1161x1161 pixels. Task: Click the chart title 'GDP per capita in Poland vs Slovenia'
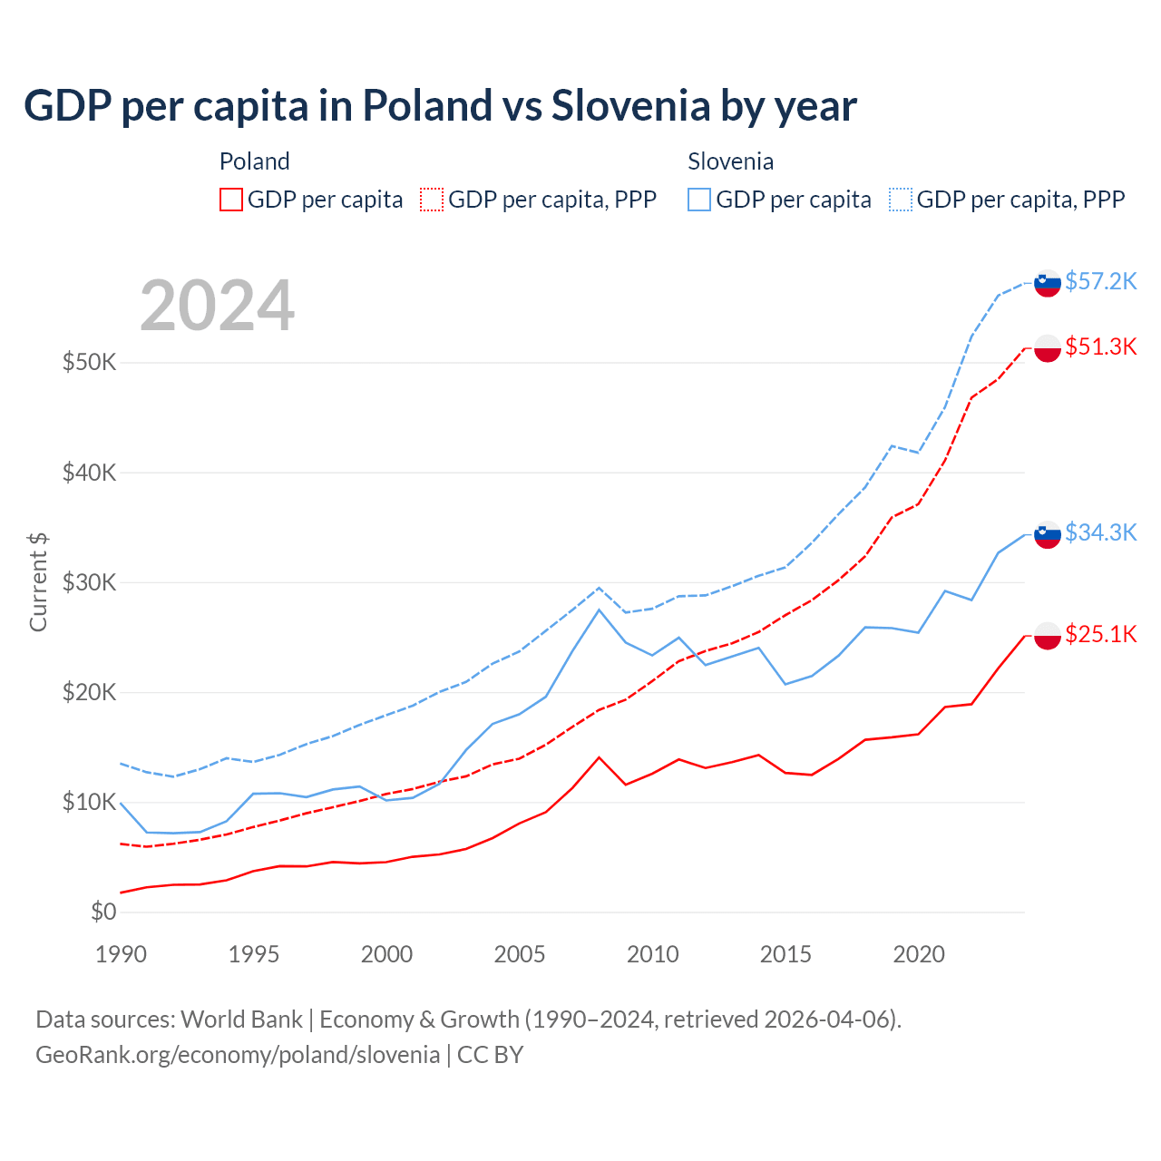(440, 106)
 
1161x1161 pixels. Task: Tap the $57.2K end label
(1100, 281)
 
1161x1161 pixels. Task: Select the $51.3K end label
(1100, 346)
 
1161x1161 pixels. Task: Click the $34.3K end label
(1100, 532)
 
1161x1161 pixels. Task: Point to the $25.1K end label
(1100, 634)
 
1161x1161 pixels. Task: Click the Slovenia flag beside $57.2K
(1048, 283)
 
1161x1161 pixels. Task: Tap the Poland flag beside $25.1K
(1048, 636)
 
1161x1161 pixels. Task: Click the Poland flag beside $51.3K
(1048, 348)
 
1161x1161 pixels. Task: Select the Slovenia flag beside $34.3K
(1048, 535)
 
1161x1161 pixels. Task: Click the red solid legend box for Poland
(231, 200)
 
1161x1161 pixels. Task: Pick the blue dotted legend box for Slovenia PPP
(901, 200)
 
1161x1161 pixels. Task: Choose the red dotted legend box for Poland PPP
(433, 200)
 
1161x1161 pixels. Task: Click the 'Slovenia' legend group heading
(730, 161)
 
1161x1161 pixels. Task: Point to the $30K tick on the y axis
(89, 582)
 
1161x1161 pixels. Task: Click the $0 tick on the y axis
(103, 912)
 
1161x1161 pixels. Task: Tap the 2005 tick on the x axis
(520, 954)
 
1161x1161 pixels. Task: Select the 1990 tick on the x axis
(121, 954)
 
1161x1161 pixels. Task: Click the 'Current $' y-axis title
(38, 582)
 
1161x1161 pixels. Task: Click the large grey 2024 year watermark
(218, 306)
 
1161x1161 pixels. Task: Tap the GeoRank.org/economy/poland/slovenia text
(238, 1055)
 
